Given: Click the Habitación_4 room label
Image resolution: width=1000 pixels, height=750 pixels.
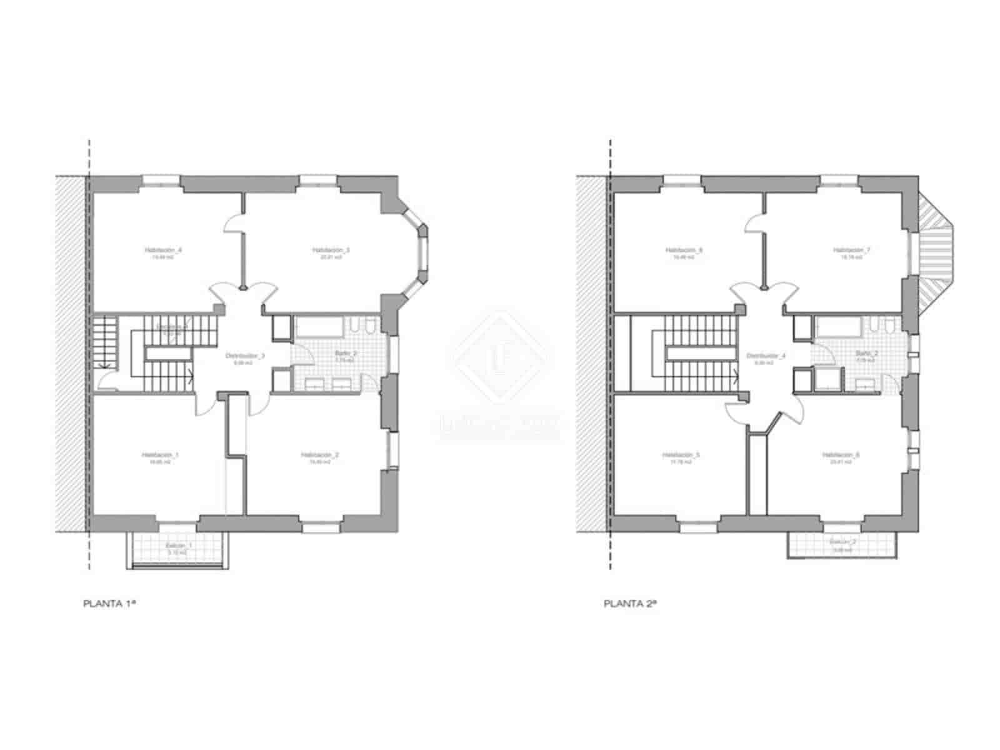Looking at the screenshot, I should pyautogui.click(x=163, y=250).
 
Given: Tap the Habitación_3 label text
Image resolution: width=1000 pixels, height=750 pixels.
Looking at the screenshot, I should pyautogui.click(x=331, y=250).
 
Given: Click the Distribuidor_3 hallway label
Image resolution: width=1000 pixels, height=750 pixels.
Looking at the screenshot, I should pyautogui.click(x=245, y=356).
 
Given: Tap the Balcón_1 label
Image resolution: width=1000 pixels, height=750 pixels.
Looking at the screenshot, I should pyautogui.click(x=179, y=546).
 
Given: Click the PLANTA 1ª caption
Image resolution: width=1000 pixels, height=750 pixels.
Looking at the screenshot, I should pyautogui.click(x=110, y=604).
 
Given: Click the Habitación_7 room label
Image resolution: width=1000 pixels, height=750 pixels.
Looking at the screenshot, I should pyautogui.click(x=851, y=250).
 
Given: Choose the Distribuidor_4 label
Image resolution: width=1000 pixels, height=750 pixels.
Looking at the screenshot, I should pyautogui.click(x=766, y=356).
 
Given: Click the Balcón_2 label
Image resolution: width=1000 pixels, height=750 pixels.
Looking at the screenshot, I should pyautogui.click(x=843, y=542).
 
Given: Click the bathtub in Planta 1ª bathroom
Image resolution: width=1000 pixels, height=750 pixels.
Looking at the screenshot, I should pyautogui.click(x=319, y=326).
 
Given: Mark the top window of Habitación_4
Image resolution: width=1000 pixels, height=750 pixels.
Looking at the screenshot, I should pyautogui.click(x=161, y=181).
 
